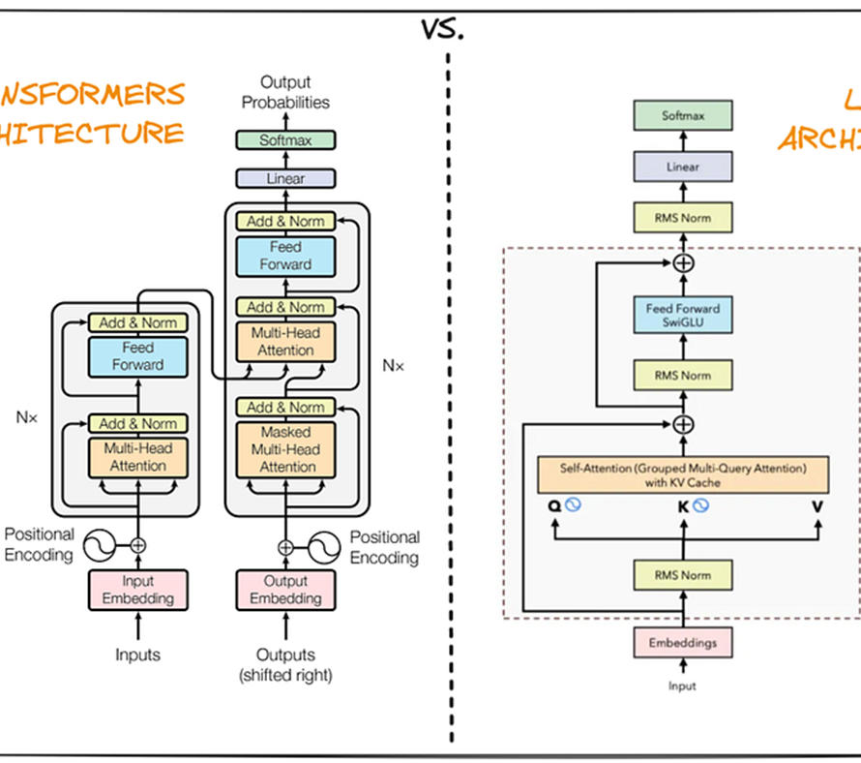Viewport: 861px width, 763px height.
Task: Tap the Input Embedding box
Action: click(x=138, y=590)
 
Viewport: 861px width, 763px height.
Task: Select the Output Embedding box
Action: click(x=286, y=590)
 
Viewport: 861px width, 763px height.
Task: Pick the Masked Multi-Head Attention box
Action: click(x=286, y=449)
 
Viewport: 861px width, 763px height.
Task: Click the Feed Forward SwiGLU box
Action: click(x=683, y=316)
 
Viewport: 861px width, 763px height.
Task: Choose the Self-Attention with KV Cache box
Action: click(x=683, y=474)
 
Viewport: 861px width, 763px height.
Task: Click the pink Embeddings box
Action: click(x=683, y=642)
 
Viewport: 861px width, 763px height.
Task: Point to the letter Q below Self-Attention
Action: click(x=554, y=505)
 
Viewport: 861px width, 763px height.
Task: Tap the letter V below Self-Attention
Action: click(x=818, y=505)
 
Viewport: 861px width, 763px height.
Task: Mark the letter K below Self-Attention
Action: click(x=682, y=505)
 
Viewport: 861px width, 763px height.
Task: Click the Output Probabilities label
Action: click(x=285, y=93)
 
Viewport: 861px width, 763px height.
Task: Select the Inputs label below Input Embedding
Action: click(x=138, y=656)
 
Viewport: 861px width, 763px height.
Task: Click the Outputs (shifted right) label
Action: click(x=285, y=665)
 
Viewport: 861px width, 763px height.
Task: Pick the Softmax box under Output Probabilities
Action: click(x=286, y=140)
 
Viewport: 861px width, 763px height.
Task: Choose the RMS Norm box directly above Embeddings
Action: click(x=683, y=575)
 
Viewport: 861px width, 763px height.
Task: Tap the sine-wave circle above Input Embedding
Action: click(x=100, y=545)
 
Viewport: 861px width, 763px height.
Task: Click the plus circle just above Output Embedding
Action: click(x=285, y=547)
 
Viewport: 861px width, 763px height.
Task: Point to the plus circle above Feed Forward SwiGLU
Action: click(x=684, y=262)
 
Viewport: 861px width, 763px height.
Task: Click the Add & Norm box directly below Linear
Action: click(x=286, y=221)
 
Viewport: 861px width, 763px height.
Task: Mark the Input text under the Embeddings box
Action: click(x=683, y=686)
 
